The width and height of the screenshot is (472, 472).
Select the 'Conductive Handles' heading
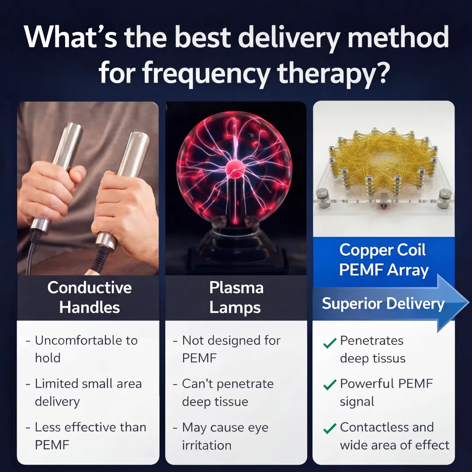90,298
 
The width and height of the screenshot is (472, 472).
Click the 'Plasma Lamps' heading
236,298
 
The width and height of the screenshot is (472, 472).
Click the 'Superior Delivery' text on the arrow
383,303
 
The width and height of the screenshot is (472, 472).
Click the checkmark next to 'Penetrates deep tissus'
330,343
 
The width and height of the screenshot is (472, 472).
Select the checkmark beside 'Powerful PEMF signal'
330,385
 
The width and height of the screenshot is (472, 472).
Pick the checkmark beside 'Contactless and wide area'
330,428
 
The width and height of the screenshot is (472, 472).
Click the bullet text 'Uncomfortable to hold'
86,349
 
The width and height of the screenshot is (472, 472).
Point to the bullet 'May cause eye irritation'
225,436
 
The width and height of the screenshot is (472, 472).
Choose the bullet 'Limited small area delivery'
88,392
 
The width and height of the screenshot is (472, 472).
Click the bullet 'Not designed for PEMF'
231,349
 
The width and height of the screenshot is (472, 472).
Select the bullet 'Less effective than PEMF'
90,436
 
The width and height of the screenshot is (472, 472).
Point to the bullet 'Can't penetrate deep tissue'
228,392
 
